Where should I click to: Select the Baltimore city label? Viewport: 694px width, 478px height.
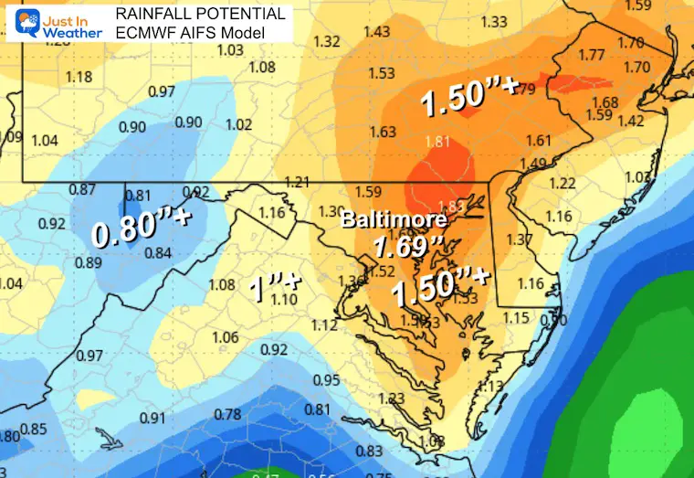[x=394, y=220]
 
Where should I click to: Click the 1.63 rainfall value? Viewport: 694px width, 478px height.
[x=383, y=133]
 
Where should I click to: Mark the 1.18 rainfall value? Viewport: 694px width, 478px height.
[x=79, y=77]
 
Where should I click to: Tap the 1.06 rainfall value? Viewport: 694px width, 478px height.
[x=225, y=337]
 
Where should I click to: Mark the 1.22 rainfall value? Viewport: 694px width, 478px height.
[x=563, y=184]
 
